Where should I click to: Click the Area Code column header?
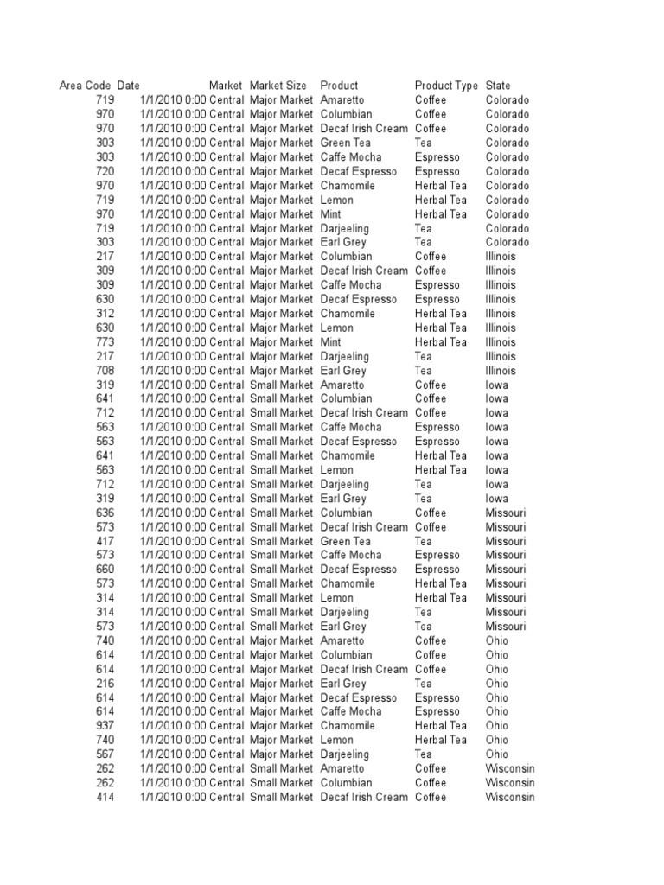tap(85, 86)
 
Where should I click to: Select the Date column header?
tap(128, 86)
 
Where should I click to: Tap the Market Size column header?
tap(278, 86)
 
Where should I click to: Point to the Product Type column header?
tap(446, 86)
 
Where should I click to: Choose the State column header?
tap(498, 86)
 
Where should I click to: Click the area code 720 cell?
tap(104, 171)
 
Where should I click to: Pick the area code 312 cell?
tap(104, 314)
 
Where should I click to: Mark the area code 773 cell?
tap(104, 342)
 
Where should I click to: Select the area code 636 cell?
tap(104, 513)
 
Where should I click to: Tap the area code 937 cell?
tap(104, 726)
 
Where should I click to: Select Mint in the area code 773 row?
tap(331, 342)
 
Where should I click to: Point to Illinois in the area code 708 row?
tap(501, 371)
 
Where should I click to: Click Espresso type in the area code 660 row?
tap(437, 570)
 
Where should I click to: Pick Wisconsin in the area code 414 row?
tap(510, 797)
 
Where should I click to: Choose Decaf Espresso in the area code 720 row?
tap(359, 171)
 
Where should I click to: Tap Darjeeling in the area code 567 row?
tap(345, 754)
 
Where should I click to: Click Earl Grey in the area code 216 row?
tap(343, 684)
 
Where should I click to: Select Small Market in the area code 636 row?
tap(282, 513)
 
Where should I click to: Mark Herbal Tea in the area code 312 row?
tap(441, 314)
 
